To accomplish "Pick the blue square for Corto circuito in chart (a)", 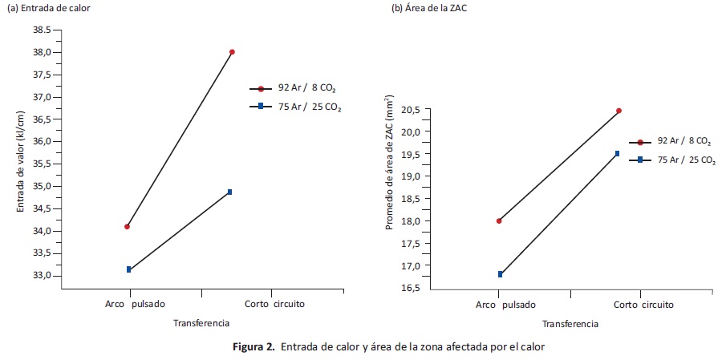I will pos(229,192).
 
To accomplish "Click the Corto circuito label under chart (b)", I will pos(643,305).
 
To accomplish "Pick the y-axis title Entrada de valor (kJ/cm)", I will pos(22,161).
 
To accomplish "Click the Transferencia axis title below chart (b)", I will pos(570,324).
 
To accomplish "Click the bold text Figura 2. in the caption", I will pos(254,346).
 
